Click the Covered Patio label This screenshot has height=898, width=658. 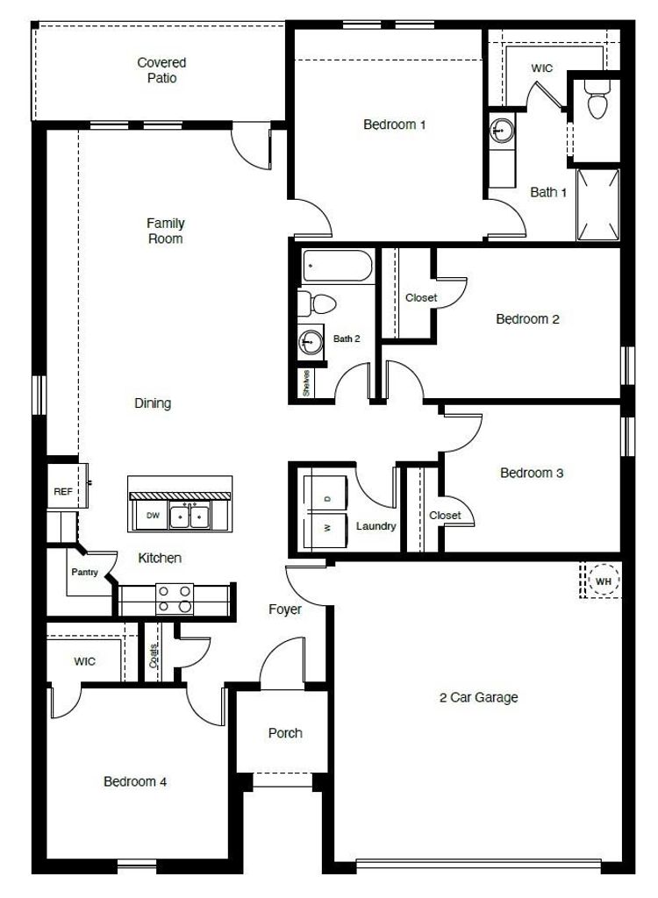(161, 70)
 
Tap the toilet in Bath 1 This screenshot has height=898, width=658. (597, 99)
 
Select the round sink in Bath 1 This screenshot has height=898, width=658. (502, 132)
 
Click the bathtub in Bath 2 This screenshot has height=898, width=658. (337, 265)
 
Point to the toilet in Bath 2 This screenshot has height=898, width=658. (317, 303)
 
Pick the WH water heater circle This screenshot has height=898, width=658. (604, 581)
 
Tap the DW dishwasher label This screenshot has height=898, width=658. (153, 516)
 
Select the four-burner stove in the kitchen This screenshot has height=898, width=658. (175, 598)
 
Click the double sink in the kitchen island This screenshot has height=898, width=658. (190, 516)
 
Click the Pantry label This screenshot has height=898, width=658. (85, 572)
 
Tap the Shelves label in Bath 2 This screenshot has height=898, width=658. (307, 382)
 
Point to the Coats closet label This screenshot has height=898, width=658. (153, 656)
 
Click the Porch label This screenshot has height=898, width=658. (285, 733)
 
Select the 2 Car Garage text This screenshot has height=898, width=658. (479, 697)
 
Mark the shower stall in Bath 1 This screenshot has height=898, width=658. (597, 204)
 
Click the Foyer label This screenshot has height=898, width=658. (285, 609)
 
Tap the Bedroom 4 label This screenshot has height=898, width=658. (135, 781)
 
